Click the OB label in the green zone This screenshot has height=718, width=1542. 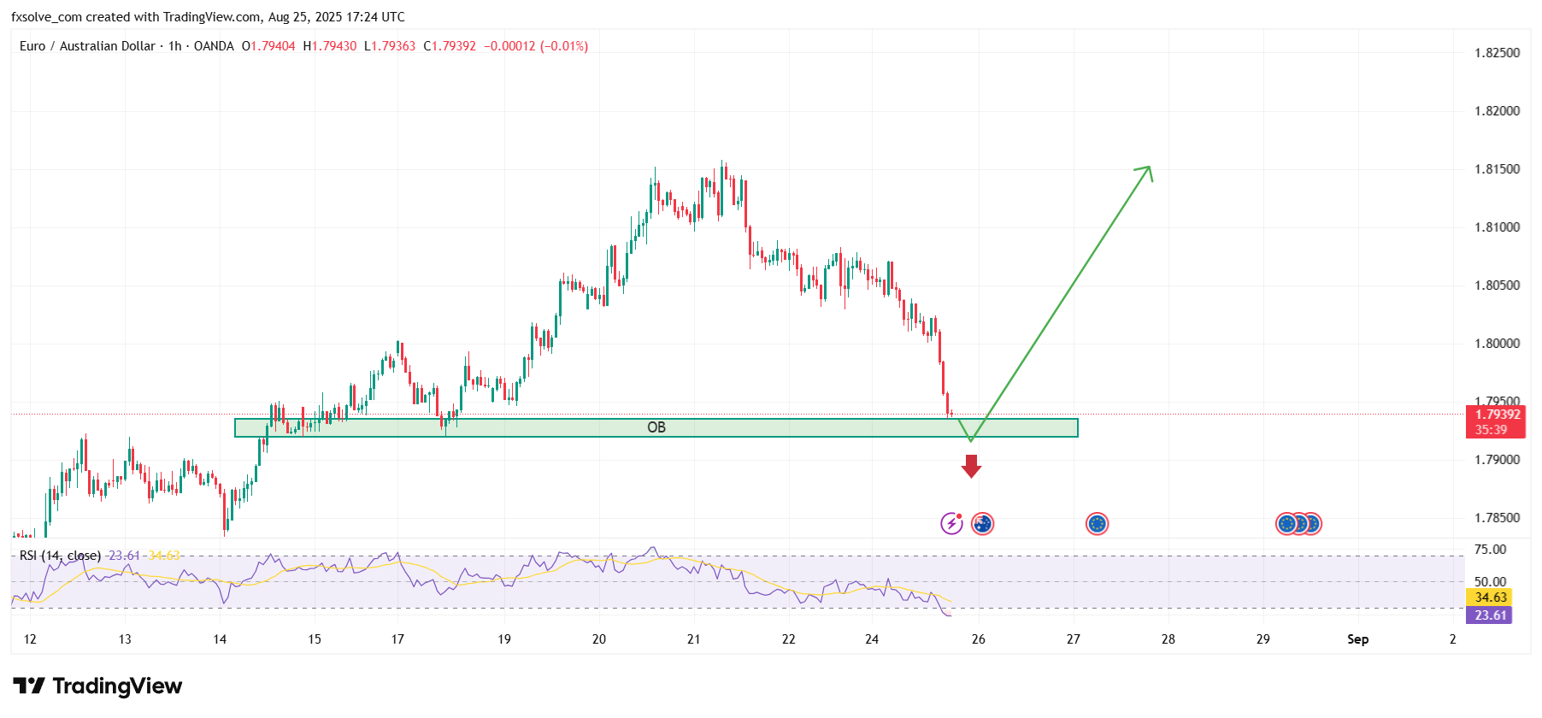pyautogui.click(x=656, y=427)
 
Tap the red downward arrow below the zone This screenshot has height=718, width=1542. pyautogui.click(x=971, y=466)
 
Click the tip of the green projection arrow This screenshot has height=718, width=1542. pyautogui.click(x=1150, y=168)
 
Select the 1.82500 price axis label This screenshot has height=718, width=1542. pyautogui.click(x=1497, y=53)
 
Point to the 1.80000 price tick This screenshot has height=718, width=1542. pyautogui.click(x=1497, y=344)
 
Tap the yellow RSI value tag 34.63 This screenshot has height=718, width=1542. pyautogui.click(x=1490, y=597)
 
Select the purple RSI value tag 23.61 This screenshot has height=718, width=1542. pyautogui.click(x=1490, y=615)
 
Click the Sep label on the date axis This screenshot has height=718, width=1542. pyautogui.click(x=1357, y=639)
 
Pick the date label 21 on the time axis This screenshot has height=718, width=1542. pyautogui.click(x=693, y=639)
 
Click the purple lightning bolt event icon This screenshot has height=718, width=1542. pyautogui.click(x=951, y=523)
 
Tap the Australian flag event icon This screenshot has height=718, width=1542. pyautogui.click(x=983, y=523)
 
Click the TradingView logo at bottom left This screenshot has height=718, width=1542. pyautogui.click(x=97, y=686)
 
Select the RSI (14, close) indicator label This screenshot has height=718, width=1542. pyautogui.click(x=60, y=556)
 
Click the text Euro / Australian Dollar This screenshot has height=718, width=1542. pyautogui.click(x=87, y=46)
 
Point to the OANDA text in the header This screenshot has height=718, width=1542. pyautogui.click(x=214, y=46)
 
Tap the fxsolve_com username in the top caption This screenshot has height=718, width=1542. pyautogui.click(x=46, y=17)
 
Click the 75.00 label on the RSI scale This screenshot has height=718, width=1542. pyautogui.click(x=1490, y=550)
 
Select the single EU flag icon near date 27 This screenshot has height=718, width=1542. pyautogui.click(x=1097, y=523)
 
